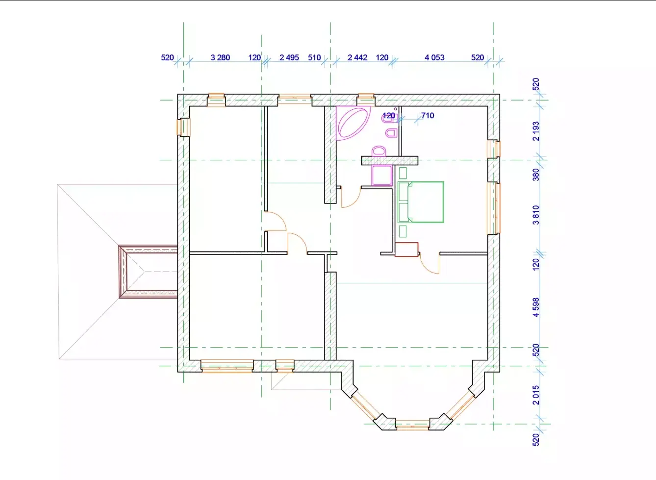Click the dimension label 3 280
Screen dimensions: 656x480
pyautogui.click(x=220, y=57)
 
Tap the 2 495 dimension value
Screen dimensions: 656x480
pyautogui.click(x=289, y=57)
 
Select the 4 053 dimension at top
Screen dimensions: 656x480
pyautogui.click(x=434, y=57)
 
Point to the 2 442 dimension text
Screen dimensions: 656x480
pyautogui.click(x=357, y=57)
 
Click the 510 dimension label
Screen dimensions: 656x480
pyautogui.click(x=314, y=57)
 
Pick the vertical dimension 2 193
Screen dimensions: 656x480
pyautogui.click(x=536, y=131)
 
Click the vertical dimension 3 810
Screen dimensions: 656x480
pyautogui.click(x=536, y=215)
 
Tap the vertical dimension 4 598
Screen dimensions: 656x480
pyautogui.click(x=536, y=307)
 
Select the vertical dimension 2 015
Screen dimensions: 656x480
pyautogui.click(x=536, y=395)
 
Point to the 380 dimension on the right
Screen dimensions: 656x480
pyautogui.click(x=536, y=175)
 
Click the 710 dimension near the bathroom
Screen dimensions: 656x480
pyautogui.click(x=428, y=115)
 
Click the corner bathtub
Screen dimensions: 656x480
pyautogui.click(x=353, y=123)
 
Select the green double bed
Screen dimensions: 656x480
pyautogui.click(x=421, y=202)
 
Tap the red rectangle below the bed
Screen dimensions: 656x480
pyautogui.click(x=406, y=250)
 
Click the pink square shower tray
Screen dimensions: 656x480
pyautogui.click(x=382, y=175)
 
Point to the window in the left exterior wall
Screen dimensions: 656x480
pyautogui.click(x=183, y=127)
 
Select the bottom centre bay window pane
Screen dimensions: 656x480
pyautogui.click(x=412, y=425)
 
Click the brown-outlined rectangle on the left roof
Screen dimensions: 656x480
pyautogui.click(x=148, y=272)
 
